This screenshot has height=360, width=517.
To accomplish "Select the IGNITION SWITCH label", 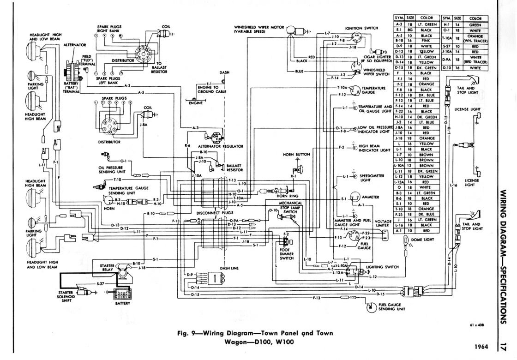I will [x=365, y=28].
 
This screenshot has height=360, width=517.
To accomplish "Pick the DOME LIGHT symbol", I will [x=406, y=240].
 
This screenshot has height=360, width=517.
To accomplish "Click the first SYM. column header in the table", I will [x=399, y=18].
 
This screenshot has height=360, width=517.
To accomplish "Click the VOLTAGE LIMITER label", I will [x=383, y=224].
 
